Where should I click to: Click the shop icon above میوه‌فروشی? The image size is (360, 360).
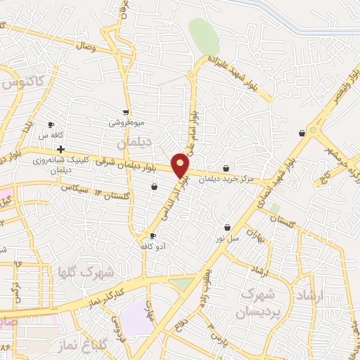click(126, 112)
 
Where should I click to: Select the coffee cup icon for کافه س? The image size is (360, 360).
click(51, 124)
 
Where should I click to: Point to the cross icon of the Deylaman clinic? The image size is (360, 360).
click(60, 149)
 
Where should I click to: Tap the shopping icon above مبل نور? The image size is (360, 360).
click(228, 227)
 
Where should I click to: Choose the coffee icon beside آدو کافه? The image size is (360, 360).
click(153, 236)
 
